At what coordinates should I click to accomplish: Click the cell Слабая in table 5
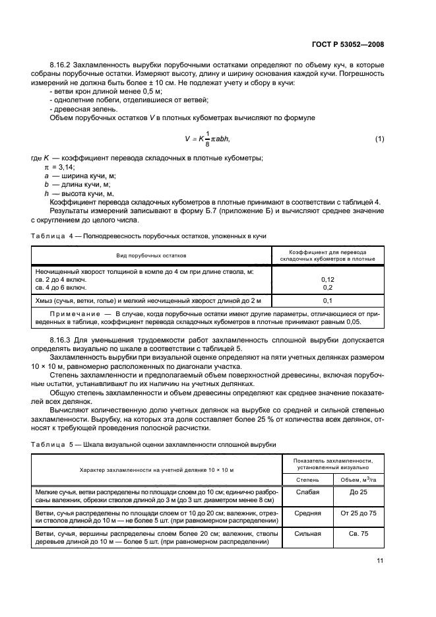[308, 492]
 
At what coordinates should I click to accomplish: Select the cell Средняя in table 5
[308, 513]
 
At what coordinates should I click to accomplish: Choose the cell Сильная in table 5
[308, 533]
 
